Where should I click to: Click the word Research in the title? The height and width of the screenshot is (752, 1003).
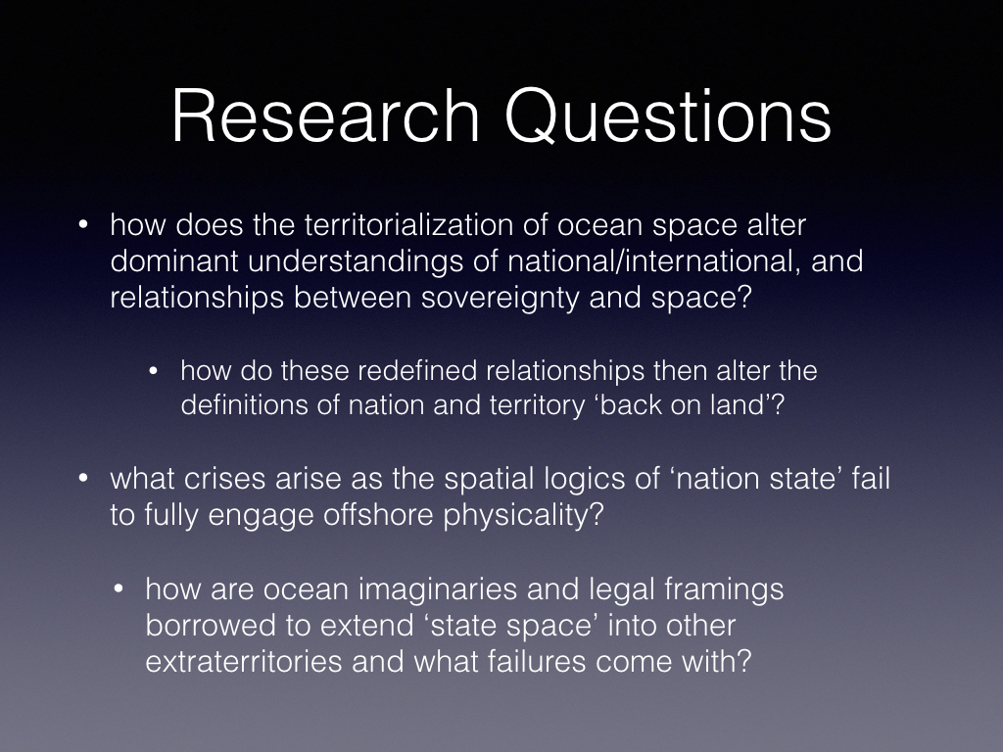pos(325,116)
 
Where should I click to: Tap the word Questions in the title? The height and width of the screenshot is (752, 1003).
pos(668,117)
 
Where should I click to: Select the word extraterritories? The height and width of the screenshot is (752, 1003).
pos(244,661)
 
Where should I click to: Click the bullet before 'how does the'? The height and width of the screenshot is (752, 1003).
pos(82,225)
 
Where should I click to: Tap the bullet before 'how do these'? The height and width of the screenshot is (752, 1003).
pos(153,371)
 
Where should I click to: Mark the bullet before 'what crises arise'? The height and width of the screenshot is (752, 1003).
pos(82,479)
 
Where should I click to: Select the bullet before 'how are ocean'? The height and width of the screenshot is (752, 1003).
pos(118,589)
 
